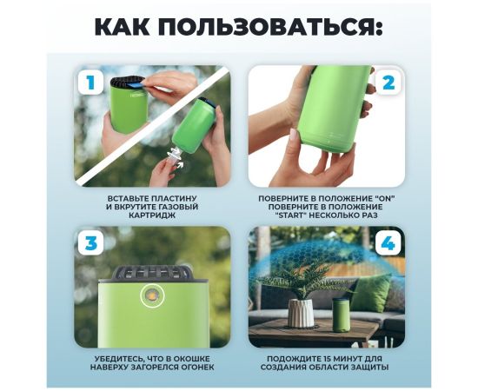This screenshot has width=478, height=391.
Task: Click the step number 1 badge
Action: [x=90, y=83]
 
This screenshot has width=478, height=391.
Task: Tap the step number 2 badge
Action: [x=388, y=82]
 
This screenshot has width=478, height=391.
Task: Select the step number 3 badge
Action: [x=90, y=243]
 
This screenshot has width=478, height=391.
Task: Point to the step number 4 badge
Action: [x=388, y=243]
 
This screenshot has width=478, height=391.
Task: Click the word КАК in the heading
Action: [x=123, y=27]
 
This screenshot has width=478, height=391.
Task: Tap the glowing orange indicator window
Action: [x=152, y=295]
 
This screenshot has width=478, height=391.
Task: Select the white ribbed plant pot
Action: [x=301, y=313]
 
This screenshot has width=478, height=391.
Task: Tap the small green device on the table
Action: [x=342, y=315]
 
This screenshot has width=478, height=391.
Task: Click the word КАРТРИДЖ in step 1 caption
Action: [x=152, y=215]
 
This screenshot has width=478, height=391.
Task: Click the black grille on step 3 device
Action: [x=152, y=272]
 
